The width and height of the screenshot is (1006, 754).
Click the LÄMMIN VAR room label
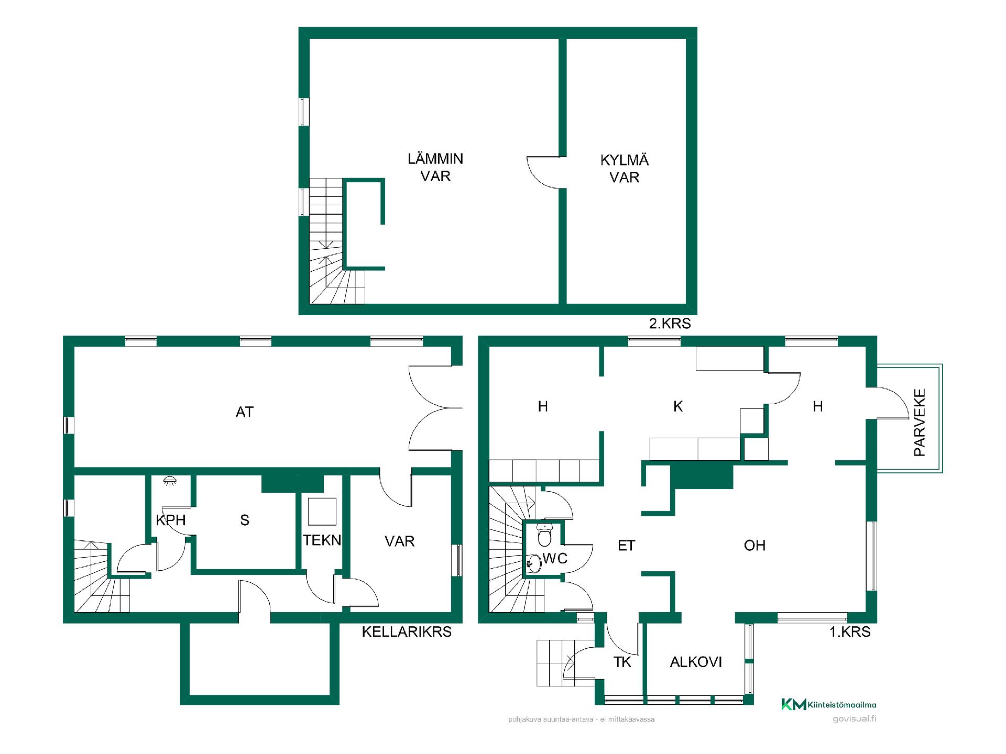pos(435,167)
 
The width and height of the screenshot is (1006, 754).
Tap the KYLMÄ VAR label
pos(625,169)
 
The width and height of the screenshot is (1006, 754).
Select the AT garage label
pos(245,412)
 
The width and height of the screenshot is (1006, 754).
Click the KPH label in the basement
pos(171,520)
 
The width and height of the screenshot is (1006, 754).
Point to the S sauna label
pos(245,520)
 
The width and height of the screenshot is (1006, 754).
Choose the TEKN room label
pos(322,540)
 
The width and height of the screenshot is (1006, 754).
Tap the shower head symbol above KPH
pos(169,481)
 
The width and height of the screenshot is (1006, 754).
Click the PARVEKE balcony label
pos(920,422)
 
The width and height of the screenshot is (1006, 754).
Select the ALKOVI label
pos(696,662)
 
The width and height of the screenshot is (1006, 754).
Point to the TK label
pos(622,662)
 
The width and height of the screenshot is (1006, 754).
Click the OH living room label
pos(754,545)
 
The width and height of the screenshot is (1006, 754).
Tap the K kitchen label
pos(678,406)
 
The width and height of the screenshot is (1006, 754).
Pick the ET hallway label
pos(626,545)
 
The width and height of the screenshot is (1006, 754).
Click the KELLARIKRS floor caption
pos(407,631)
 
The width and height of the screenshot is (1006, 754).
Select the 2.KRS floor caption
pos(670,323)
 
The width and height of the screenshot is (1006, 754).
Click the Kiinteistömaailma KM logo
pos(828,704)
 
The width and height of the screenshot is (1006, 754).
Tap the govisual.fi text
pos(854,719)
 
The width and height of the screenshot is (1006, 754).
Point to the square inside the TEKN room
pos(322,512)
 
